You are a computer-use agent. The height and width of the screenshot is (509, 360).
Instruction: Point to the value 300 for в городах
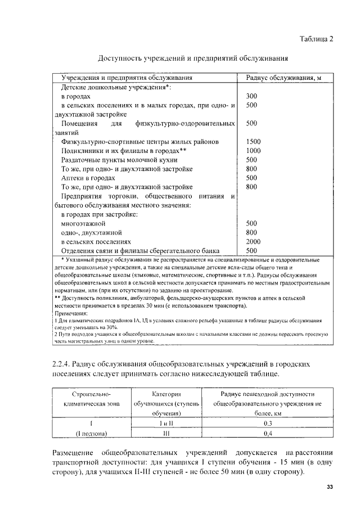coord(251,97)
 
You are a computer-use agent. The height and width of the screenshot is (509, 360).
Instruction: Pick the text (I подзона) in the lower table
coord(91,433)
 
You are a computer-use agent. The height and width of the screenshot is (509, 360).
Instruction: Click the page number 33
coord(330,487)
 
